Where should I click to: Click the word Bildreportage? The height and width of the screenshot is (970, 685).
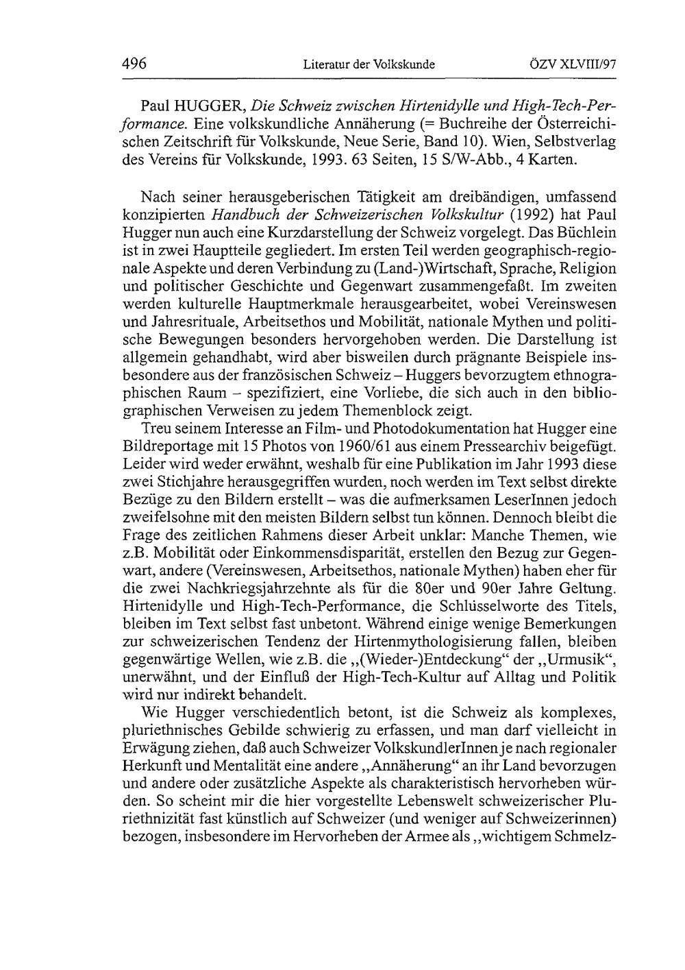tap(166, 446)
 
